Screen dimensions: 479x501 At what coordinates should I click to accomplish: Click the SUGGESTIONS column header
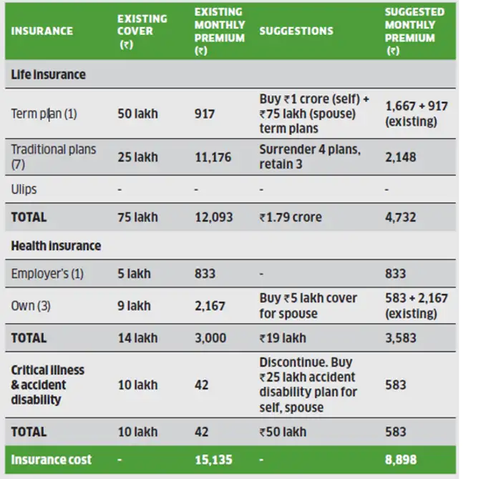296,31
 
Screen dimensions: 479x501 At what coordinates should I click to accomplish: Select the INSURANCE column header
42,31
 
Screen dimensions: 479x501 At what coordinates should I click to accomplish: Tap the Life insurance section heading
48,74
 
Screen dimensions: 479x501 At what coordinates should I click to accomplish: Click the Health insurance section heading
56,245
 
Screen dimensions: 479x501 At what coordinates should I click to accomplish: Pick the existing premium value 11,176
213,157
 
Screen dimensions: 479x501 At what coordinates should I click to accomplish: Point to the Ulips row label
24,189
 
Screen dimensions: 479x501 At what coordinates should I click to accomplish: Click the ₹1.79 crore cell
291,217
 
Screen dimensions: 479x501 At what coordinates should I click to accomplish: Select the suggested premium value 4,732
400,217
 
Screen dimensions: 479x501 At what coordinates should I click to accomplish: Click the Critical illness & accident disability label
47,385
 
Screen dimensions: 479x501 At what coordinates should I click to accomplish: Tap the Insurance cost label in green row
52,459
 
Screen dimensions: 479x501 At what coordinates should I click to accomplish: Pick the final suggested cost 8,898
401,459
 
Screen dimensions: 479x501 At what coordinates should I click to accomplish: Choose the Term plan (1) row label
44,113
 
